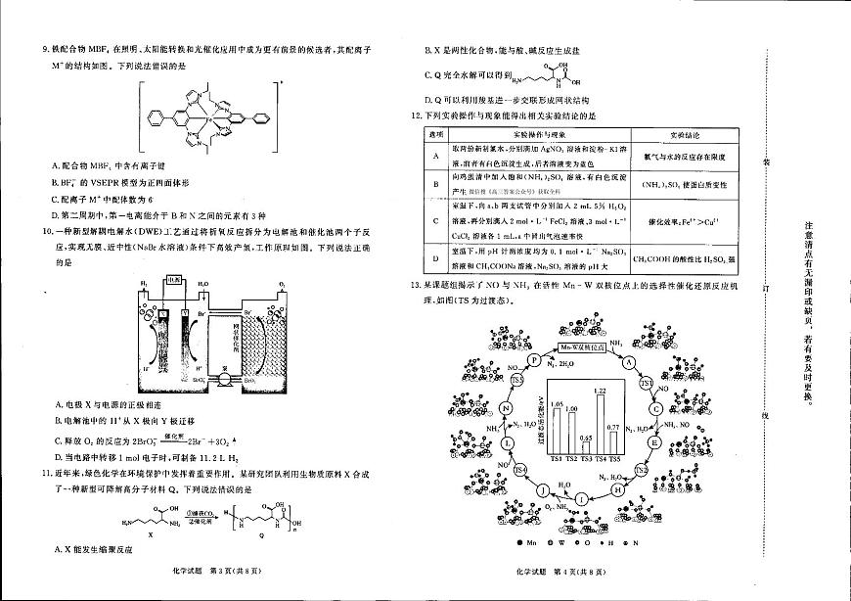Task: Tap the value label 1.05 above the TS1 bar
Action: [556, 403]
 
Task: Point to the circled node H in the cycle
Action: [617, 486]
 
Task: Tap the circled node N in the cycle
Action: [506, 409]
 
